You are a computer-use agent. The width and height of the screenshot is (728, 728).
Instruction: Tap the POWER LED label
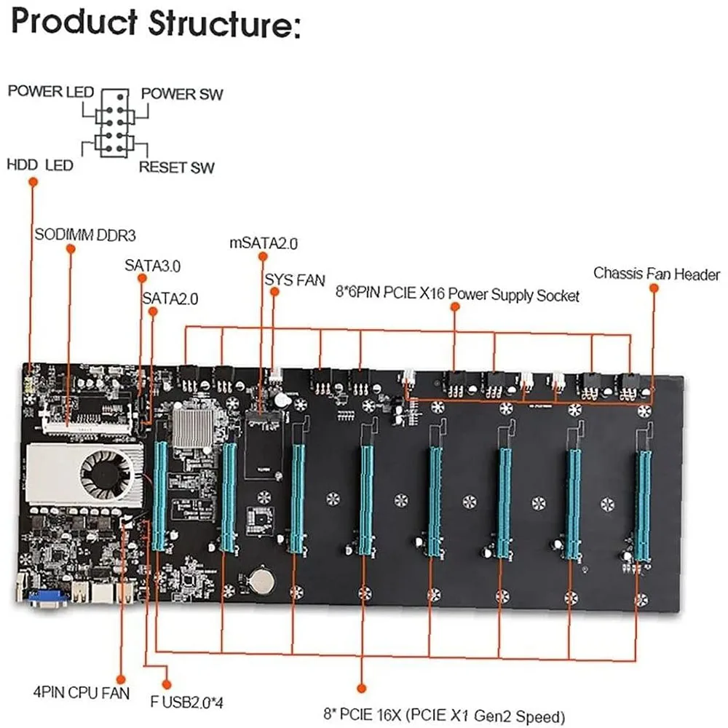coord(50,92)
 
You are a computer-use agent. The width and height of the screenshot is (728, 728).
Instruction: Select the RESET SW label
coord(176,167)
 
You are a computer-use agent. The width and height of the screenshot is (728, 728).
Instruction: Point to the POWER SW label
coord(182,94)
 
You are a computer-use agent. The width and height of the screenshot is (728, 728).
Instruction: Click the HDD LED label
coord(39,165)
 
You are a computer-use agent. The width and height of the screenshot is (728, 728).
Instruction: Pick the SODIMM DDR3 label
coord(85,236)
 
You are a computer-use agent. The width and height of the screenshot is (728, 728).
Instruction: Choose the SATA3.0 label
coord(152,266)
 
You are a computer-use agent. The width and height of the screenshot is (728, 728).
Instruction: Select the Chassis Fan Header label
coord(657,274)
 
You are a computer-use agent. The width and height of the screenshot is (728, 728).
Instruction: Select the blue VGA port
coord(49,598)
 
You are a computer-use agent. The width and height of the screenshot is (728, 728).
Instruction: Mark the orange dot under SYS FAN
coord(274,291)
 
